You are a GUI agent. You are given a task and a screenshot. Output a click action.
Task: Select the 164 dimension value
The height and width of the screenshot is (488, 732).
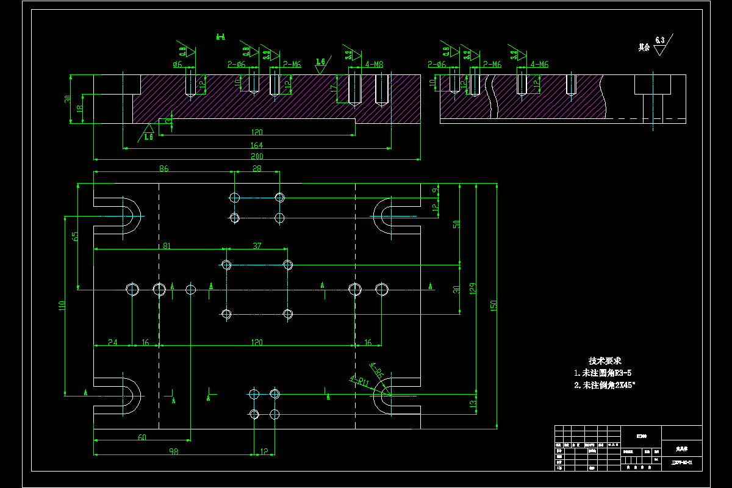coord(257,144)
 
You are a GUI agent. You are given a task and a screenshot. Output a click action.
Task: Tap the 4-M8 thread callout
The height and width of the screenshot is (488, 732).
coord(374,64)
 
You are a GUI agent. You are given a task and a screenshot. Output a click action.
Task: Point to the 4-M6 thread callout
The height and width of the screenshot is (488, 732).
coord(540,64)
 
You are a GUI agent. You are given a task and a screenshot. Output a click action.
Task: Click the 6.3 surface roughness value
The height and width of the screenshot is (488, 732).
coord(660,40)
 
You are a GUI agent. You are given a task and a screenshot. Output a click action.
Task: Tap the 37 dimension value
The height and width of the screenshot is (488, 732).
coord(257,245)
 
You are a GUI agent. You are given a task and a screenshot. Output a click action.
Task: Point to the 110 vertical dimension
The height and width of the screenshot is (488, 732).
coord(62,306)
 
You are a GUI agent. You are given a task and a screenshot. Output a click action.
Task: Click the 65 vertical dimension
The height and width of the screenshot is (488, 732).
coord(75,237)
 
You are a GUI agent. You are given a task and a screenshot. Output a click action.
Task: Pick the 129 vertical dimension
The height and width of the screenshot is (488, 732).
coord(473,287)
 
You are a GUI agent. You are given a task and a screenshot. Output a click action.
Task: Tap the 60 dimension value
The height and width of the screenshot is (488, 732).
coord(142,437)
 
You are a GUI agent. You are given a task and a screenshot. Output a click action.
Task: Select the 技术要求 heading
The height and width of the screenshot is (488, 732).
coord(605,361)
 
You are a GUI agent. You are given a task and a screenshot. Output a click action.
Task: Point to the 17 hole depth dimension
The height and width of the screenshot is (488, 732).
coord(333,88)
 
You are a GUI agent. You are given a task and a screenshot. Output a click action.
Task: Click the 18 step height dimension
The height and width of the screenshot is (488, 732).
coord(78,109)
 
